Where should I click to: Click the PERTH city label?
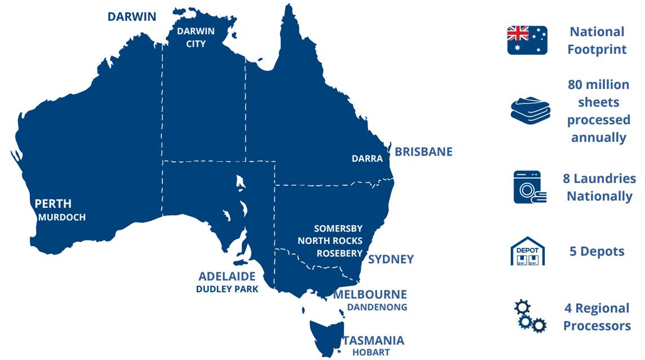tap(53, 203)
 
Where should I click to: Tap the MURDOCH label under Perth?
tap(62, 217)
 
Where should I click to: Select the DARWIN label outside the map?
tap(131, 16)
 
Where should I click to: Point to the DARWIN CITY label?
tap(196, 37)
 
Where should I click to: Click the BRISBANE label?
tap(423, 152)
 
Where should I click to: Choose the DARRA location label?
tap(367, 159)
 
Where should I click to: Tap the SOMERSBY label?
tap(338, 229)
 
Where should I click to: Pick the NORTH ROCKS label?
tap(330, 241)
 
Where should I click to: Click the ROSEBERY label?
tap(339, 254)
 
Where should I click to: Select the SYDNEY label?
tap(391, 259)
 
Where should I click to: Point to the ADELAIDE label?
tap(227, 277)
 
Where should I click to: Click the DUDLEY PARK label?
tap(227, 290)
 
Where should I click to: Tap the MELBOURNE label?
tap(370, 295)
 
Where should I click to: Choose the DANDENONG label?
tap(377, 308)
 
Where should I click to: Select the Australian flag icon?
tap(527, 40)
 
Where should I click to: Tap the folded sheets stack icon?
tap(531, 109)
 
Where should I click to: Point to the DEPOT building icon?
tap(527, 251)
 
